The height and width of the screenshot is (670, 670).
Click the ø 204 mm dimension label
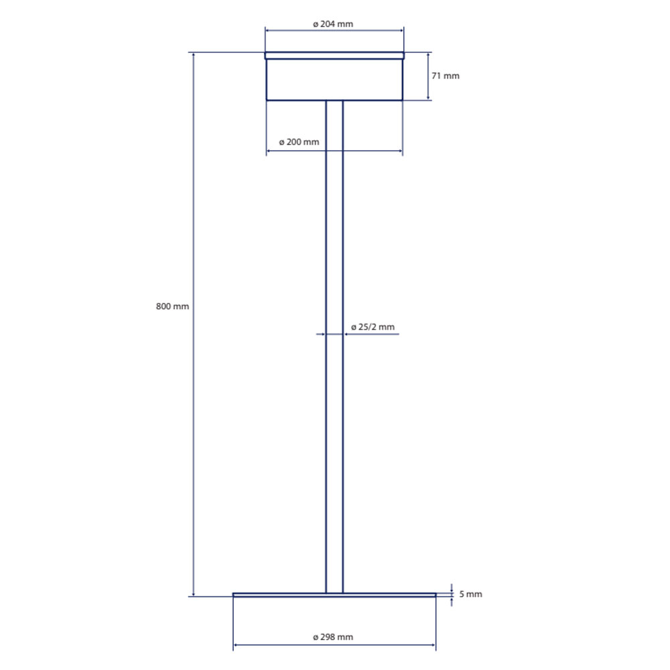tap(333, 24)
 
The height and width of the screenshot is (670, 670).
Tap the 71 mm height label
tap(446, 76)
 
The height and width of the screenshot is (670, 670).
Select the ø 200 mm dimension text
tap(299, 142)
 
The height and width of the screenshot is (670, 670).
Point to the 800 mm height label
tap(172, 306)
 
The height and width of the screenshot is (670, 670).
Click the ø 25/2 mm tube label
tap(373, 327)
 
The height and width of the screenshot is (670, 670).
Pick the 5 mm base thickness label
tap(470, 594)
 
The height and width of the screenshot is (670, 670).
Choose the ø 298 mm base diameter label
tap(333, 637)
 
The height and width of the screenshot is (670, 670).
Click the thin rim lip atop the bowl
tap(334, 56)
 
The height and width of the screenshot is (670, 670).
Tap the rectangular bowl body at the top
tap(334, 80)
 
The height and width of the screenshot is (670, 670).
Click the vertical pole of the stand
tap(334, 346)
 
